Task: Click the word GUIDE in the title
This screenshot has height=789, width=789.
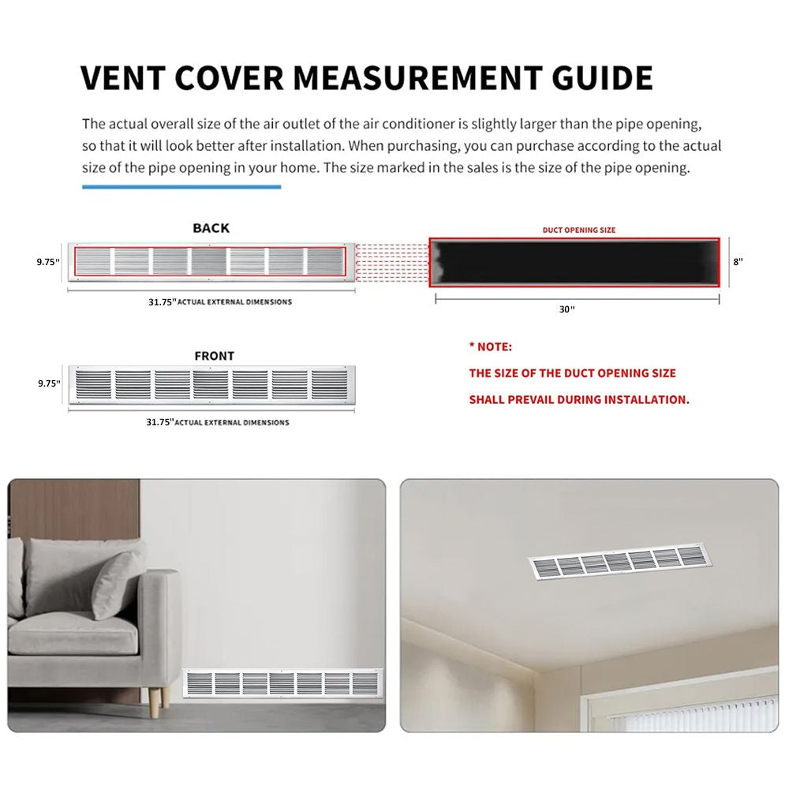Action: pos(602,77)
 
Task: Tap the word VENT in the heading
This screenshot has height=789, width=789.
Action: pos(123,77)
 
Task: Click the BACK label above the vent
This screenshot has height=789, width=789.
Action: pos(211,228)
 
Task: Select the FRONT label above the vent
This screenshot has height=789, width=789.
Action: pos(215,356)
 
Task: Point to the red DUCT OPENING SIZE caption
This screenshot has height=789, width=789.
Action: pos(578,230)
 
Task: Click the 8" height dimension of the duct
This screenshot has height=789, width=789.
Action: pos(738,262)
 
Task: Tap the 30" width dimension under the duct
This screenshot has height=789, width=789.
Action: pos(567,309)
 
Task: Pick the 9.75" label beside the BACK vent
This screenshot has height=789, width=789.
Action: pos(48,262)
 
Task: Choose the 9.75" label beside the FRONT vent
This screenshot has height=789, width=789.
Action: pos(49,383)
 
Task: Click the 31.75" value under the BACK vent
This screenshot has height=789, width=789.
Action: pos(162,302)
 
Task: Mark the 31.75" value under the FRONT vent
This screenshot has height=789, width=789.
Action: pos(160,422)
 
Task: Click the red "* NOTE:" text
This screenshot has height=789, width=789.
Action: pos(491,346)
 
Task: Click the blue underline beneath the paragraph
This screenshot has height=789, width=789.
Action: pos(181,187)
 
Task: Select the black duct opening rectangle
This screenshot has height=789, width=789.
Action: pos(574,262)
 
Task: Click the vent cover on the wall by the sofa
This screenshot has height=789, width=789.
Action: pos(282,683)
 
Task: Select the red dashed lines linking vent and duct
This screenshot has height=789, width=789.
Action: pos(392,262)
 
